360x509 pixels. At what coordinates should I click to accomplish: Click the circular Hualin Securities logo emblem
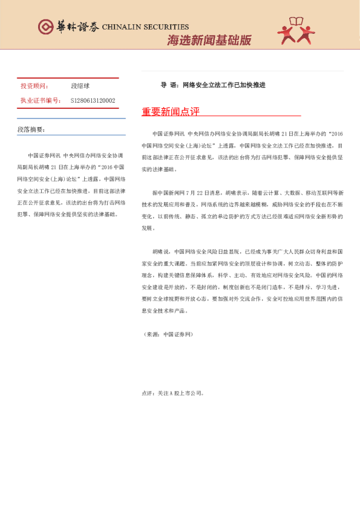tap(45, 27)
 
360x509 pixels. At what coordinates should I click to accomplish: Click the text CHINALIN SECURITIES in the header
tap(145, 27)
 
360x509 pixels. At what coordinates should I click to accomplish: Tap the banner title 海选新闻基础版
tap(209, 41)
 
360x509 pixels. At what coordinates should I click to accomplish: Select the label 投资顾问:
tap(35, 86)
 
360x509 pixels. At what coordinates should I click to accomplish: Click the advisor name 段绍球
tap(80, 86)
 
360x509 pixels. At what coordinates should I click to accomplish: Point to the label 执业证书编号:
tap(41, 100)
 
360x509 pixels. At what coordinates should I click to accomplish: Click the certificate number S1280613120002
tap(93, 100)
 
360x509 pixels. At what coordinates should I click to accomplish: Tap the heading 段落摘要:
tap(31, 129)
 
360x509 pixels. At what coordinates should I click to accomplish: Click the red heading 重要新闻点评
tap(170, 111)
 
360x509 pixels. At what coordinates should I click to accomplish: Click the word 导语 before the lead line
tap(168, 85)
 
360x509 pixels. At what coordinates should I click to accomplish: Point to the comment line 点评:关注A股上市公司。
tap(173, 393)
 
